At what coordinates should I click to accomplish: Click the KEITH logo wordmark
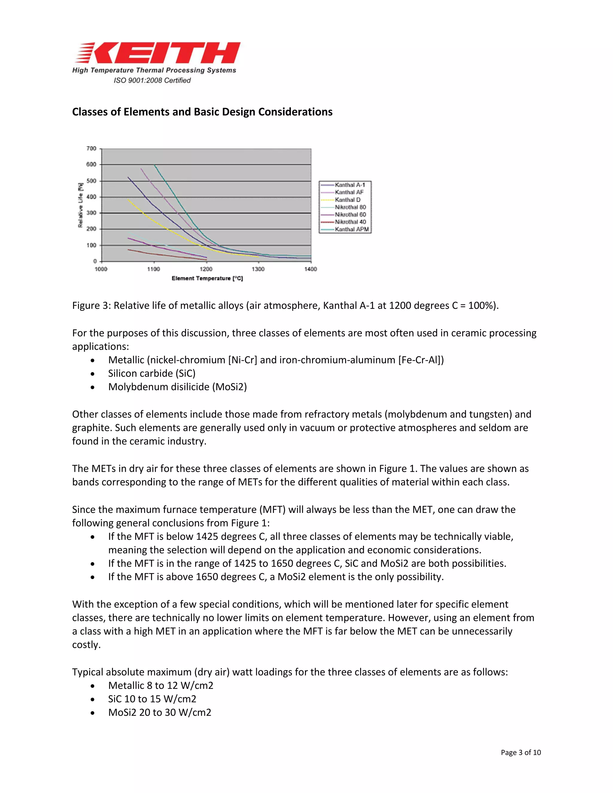[160, 53]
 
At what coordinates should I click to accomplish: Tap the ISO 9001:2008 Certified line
[152, 80]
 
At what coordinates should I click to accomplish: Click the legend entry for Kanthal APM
[351, 229]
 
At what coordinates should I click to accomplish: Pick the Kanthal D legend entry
[347, 200]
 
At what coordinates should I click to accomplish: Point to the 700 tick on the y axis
[91, 148]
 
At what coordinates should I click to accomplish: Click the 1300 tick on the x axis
[258, 269]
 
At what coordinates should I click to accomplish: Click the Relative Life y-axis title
[80, 205]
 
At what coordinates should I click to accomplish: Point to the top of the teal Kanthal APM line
[154, 165]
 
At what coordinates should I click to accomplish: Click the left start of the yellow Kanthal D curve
[128, 200]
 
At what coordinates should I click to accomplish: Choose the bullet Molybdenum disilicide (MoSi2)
[177, 387]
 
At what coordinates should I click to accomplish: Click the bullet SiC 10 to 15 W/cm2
[152, 699]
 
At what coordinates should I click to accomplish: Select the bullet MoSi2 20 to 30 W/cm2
[160, 713]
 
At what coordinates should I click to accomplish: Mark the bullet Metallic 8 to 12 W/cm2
[160, 686]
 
